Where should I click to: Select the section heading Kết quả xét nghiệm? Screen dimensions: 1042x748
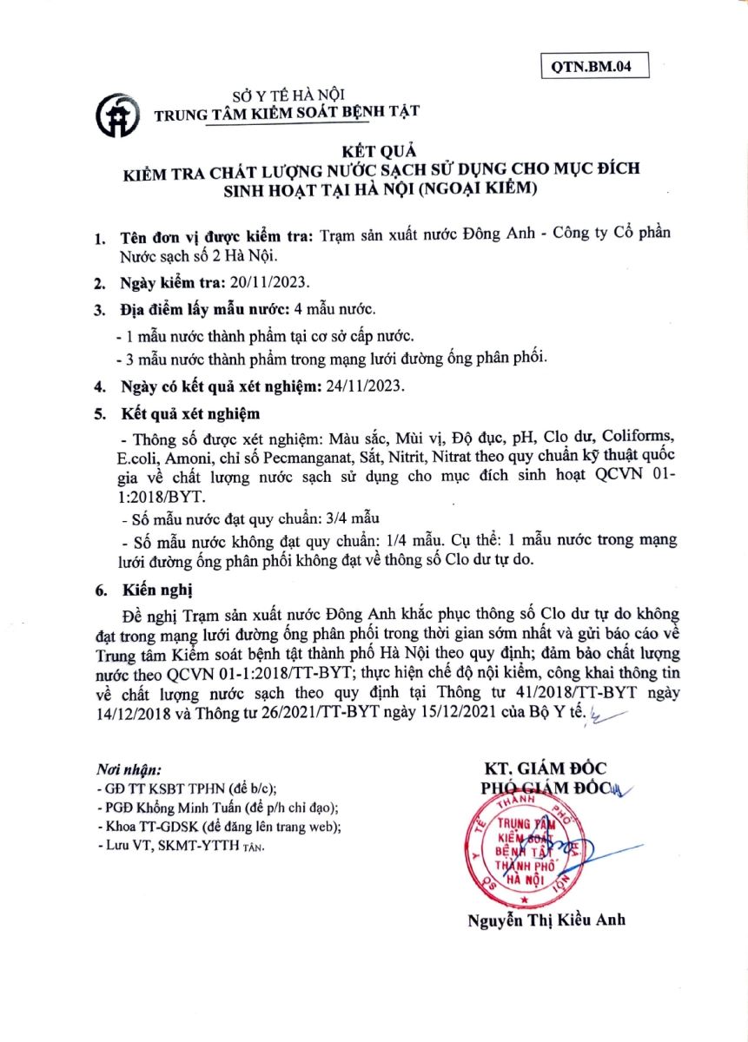point(189,412)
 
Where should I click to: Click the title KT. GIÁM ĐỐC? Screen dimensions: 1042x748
point(545,768)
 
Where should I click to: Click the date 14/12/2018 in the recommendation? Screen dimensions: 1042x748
point(129,714)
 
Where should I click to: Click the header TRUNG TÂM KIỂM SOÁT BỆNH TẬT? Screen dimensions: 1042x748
point(286,112)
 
